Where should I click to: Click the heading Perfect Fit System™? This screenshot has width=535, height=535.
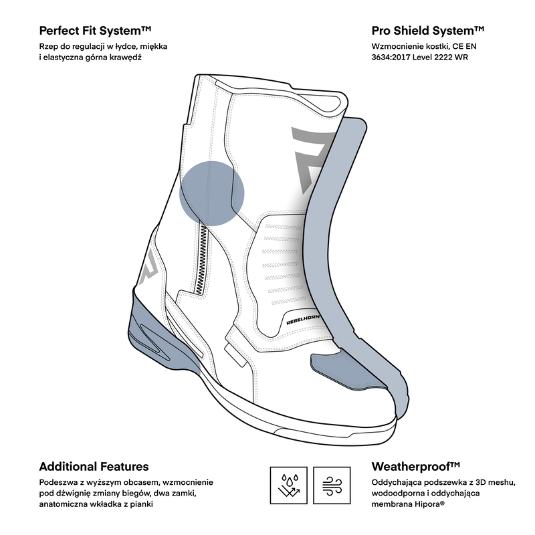[96, 31]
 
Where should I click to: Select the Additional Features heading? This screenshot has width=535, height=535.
[94, 467]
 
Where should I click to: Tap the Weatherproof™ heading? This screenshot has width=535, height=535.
[416, 467]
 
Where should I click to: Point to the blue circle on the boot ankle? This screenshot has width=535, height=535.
[211, 192]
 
